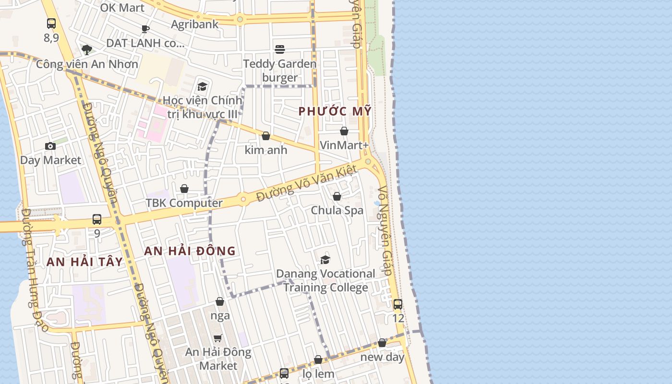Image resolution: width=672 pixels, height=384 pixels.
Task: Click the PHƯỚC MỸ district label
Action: [x=335, y=111]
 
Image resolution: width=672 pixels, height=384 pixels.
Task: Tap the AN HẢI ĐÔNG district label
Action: [x=190, y=251]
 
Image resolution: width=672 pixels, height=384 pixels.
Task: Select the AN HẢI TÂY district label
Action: [x=84, y=262]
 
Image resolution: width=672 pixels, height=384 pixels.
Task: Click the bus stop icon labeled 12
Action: [x=398, y=304]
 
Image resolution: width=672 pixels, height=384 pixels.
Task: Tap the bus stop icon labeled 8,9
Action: [x=51, y=23]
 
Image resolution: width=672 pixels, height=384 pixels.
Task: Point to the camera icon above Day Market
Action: [x=50, y=146]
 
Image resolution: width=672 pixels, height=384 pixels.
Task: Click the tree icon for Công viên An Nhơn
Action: [x=87, y=49]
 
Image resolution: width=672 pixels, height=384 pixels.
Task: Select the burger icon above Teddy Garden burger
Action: [x=280, y=49]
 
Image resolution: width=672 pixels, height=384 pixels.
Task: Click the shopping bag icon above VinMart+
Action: [x=344, y=131]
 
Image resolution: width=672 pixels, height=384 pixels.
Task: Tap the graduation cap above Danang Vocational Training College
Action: [x=325, y=260]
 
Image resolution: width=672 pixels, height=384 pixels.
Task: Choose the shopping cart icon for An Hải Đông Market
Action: [x=218, y=338]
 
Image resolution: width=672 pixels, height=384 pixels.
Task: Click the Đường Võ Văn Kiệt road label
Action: [x=307, y=184]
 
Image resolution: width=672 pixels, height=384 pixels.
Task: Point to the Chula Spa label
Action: [x=337, y=210]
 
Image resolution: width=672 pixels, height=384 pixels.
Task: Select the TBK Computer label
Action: [x=184, y=203]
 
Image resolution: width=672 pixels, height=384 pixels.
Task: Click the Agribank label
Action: [x=195, y=24]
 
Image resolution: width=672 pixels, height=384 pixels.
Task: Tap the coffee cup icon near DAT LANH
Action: [x=145, y=29]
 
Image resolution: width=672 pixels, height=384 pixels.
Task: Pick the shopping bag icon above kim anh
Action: [x=266, y=136]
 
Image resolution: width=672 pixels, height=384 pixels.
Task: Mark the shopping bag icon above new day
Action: [x=382, y=343]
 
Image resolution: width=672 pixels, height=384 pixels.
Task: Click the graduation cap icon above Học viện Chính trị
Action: [x=203, y=86]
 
